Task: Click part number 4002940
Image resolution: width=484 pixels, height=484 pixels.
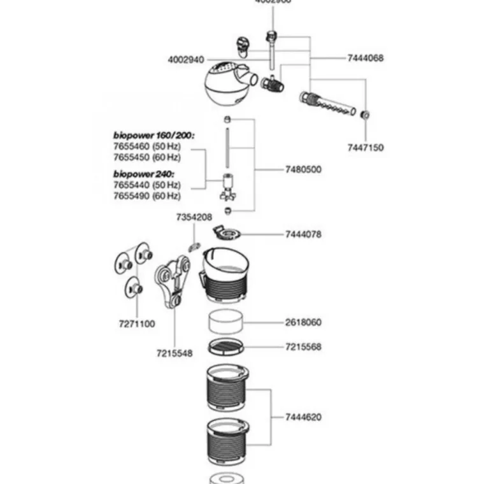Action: tap(186, 60)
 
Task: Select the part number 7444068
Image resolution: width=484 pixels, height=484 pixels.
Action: tap(366, 58)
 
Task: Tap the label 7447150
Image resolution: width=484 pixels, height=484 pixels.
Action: tap(366, 148)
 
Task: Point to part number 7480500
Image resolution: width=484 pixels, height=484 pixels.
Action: tap(303, 169)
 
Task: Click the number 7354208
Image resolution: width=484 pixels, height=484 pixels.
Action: tap(194, 217)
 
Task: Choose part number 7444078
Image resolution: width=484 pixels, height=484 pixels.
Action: tap(303, 234)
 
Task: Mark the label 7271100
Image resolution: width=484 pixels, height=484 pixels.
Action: tap(136, 324)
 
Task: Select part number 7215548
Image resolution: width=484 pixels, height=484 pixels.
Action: tap(174, 353)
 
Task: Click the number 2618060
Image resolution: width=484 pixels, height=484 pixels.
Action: tap(303, 322)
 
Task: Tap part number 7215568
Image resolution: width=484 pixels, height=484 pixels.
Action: tap(303, 347)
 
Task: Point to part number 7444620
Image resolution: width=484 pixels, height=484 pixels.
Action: tap(303, 417)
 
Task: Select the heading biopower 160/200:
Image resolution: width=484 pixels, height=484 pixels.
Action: tap(153, 136)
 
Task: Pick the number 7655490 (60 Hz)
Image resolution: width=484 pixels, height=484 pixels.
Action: tap(147, 196)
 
